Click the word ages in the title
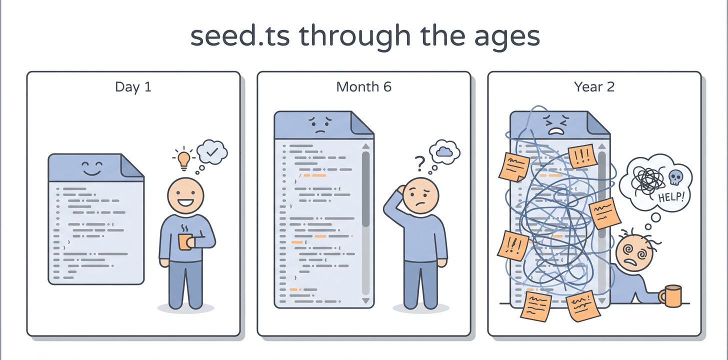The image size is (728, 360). coord(507,39)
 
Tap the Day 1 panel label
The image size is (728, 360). coord(133,87)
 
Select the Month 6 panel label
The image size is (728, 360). coord(363,87)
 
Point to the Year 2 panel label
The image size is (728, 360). coord(594,87)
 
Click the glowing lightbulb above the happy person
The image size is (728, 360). coord(184,159)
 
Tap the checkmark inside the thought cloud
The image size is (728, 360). coord(212,151)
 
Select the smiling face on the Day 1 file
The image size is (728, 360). coord(92,168)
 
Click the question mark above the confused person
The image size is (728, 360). coord(420,164)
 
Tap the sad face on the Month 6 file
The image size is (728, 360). coord(320,125)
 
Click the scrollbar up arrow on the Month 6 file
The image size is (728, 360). coord(365,146)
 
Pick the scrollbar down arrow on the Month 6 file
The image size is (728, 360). coord(365,300)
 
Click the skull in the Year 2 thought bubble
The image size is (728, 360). coord(675,177)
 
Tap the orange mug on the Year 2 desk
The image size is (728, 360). coord(671,296)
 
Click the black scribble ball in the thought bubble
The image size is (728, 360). coord(647,179)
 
